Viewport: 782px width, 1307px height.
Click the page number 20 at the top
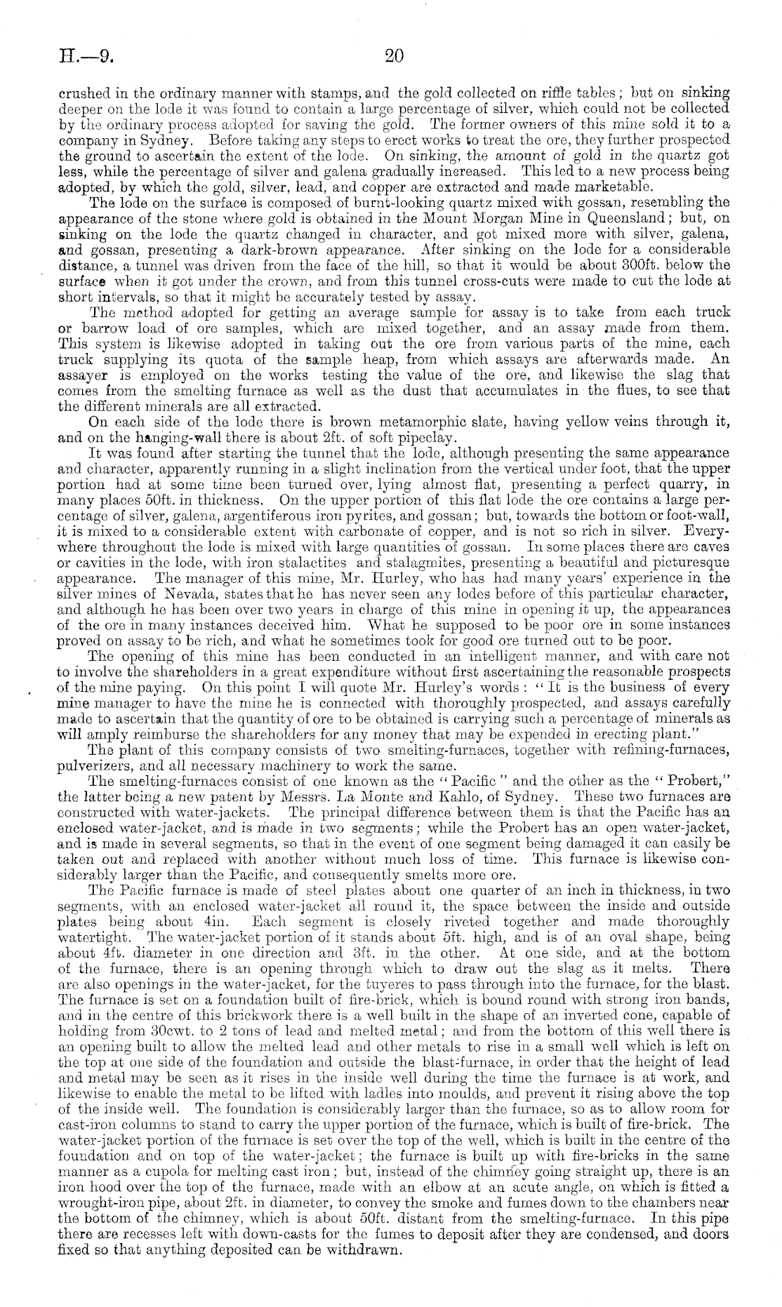point(395,55)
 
